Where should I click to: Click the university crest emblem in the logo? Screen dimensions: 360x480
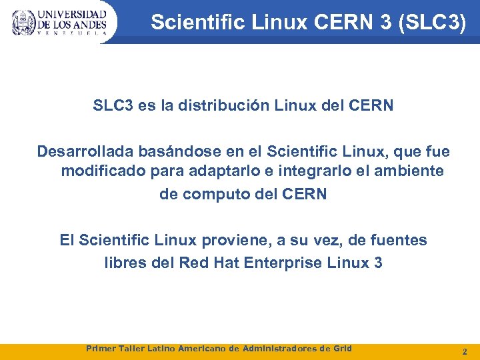[x=23, y=23]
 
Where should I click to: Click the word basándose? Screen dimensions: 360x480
[x=167, y=152]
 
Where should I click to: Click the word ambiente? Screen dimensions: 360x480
[x=411, y=171]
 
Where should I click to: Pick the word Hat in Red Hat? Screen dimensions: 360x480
[x=226, y=263]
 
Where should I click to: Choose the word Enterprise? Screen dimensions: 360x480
[x=284, y=263]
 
